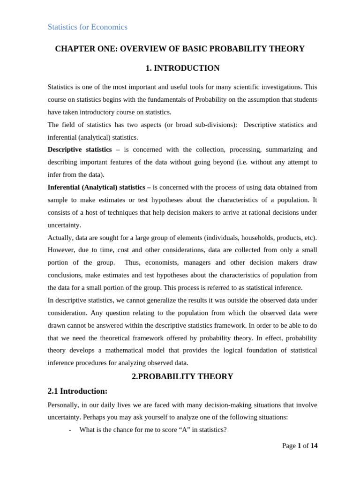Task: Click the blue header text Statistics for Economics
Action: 87,27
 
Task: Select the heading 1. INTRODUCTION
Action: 182,68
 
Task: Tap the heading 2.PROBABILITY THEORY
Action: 182,377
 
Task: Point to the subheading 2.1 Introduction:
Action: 77,391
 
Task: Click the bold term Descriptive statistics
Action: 80,150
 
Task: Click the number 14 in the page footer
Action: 314,446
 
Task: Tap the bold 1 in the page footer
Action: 299,446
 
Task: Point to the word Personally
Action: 64,405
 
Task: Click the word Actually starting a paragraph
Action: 60,238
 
